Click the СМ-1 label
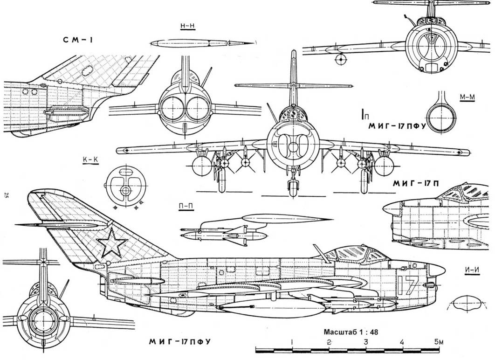pos(78,40)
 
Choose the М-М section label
pos(467,97)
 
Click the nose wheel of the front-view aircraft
pos(292,189)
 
